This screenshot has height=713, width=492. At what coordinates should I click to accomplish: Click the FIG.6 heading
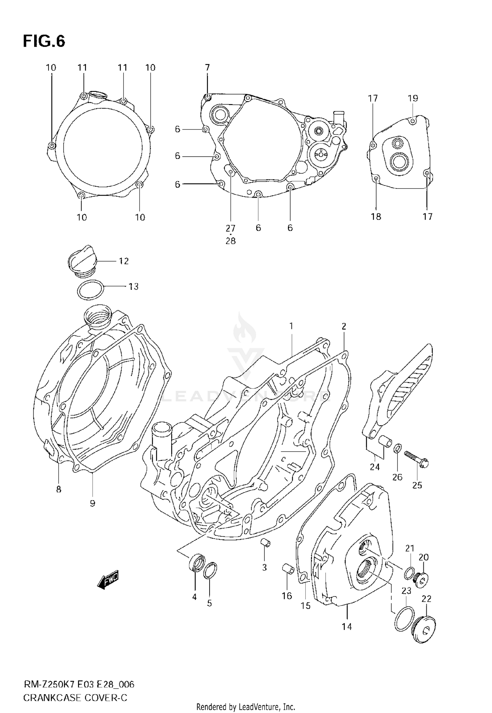pos(44,42)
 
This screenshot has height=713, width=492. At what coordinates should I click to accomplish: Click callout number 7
pos(207,68)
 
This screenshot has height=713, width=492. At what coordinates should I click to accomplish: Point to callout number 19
pos(413,98)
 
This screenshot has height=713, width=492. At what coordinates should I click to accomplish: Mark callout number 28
pos(231,241)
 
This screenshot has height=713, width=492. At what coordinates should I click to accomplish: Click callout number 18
pos(376,217)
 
